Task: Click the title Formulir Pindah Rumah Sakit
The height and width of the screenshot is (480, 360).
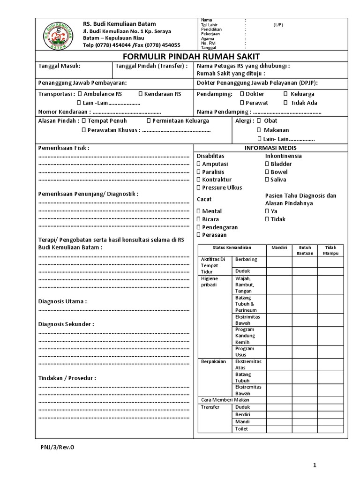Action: click(192, 57)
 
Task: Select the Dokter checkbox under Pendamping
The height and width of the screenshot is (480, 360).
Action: click(242, 94)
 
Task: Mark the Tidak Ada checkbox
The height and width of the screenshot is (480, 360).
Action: click(286, 103)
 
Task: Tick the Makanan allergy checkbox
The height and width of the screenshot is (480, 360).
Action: click(259, 130)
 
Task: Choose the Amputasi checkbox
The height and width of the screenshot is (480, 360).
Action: click(198, 164)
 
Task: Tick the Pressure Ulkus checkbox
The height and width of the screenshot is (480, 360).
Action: click(198, 187)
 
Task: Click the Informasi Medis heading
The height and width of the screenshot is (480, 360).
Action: click(270, 148)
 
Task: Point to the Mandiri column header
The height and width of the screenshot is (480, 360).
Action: click(279, 247)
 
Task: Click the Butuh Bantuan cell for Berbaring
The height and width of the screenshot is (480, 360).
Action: click(305, 261)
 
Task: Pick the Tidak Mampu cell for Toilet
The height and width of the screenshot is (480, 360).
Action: click(330, 429)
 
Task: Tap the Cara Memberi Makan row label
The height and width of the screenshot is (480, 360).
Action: click(225, 400)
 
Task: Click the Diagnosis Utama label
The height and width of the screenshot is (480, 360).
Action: click(62, 301)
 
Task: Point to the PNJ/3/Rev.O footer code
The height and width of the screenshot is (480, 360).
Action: click(57, 447)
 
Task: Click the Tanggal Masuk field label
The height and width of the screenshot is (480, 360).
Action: click(59, 66)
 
